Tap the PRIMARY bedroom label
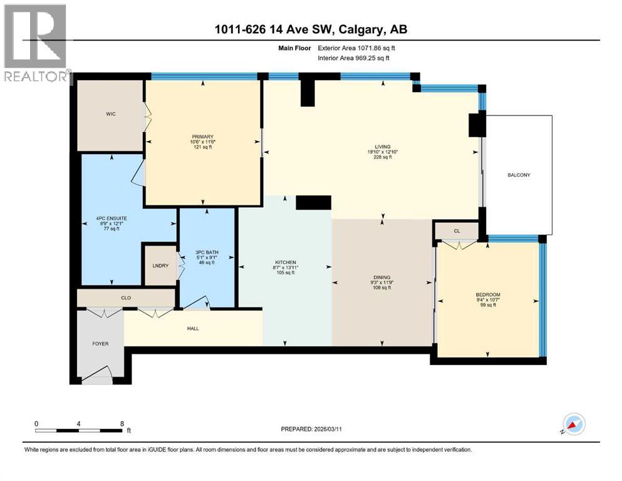[x=203, y=137]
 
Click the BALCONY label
[x=519, y=175]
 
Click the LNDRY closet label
[x=159, y=266]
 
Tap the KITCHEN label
[x=285, y=262]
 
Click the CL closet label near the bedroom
[x=457, y=231]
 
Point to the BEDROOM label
[x=488, y=294]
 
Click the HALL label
[x=194, y=328]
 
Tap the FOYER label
[x=100, y=344]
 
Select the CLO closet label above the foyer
[x=126, y=298]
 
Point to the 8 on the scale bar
[x=122, y=423]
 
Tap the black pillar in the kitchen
[x=313, y=202]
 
